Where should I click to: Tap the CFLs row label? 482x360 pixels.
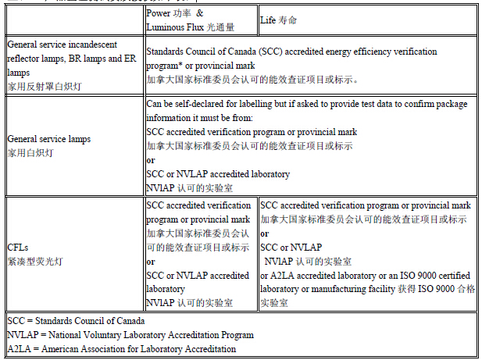click(19, 248)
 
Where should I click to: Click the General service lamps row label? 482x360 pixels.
click(49, 139)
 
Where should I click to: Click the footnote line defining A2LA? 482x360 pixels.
click(121, 348)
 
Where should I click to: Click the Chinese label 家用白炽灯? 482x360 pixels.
click(30, 152)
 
